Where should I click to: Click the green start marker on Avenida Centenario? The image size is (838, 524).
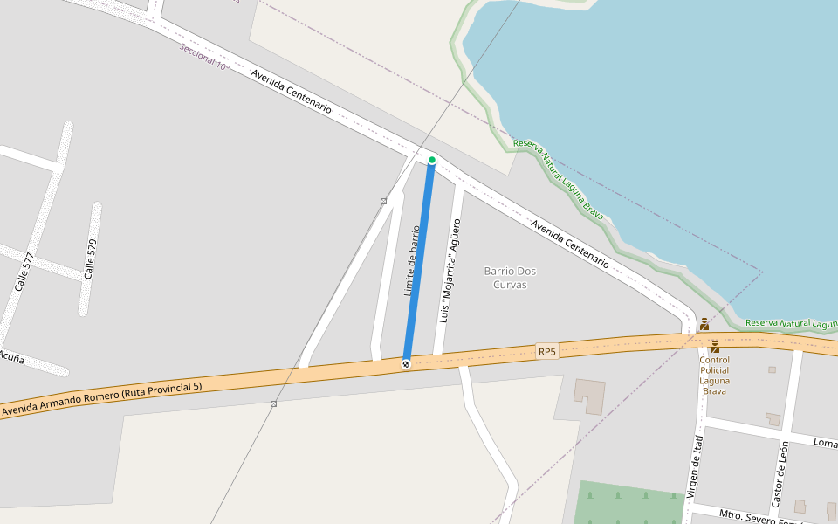[x=431, y=160]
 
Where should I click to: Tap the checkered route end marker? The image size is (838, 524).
[x=406, y=363]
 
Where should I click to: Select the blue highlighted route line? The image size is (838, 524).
[x=418, y=262]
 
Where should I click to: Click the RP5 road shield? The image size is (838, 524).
[x=546, y=351]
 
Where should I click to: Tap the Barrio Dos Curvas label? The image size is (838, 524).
[x=511, y=278]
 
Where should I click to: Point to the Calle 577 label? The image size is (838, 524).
[x=24, y=272]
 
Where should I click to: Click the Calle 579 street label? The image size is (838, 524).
[x=89, y=259]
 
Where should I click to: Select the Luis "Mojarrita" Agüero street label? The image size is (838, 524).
[x=450, y=271]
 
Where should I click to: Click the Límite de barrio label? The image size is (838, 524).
[x=412, y=260]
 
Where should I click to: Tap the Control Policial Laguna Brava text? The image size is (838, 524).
[x=714, y=376]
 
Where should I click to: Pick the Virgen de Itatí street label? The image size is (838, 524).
[x=694, y=467]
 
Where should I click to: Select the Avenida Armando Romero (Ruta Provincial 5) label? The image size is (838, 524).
[x=101, y=398]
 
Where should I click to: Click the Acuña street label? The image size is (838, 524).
[x=11, y=357]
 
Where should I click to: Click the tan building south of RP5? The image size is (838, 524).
[x=589, y=396]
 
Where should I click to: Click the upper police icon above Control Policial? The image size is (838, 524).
[x=704, y=324]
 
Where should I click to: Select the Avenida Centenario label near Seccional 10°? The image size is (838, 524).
[x=291, y=91]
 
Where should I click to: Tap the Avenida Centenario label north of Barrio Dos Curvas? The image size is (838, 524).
[x=570, y=243]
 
